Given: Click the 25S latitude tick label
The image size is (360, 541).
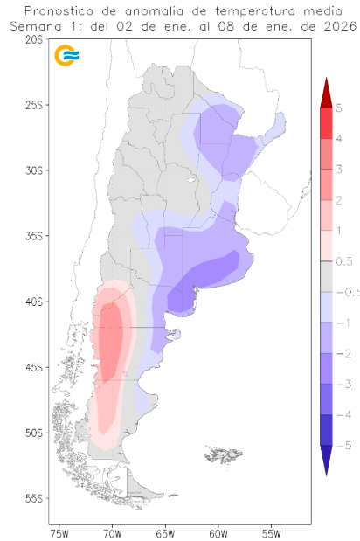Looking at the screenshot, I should tap(36, 105).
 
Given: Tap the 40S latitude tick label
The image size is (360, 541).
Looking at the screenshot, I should tap(36, 302).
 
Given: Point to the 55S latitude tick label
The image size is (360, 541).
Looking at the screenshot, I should tap(36, 498).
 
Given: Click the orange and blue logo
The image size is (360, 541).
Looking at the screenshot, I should tap(66, 56).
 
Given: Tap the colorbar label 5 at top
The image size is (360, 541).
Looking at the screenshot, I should tap(338, 108).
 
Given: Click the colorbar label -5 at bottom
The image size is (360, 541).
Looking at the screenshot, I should tap(339, 445).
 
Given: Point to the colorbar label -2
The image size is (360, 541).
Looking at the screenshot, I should tap(339, 353).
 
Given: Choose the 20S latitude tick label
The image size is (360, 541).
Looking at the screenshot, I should tap(36, 39).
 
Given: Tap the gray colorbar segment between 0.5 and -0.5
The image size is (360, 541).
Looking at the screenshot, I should tap(325, 276).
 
